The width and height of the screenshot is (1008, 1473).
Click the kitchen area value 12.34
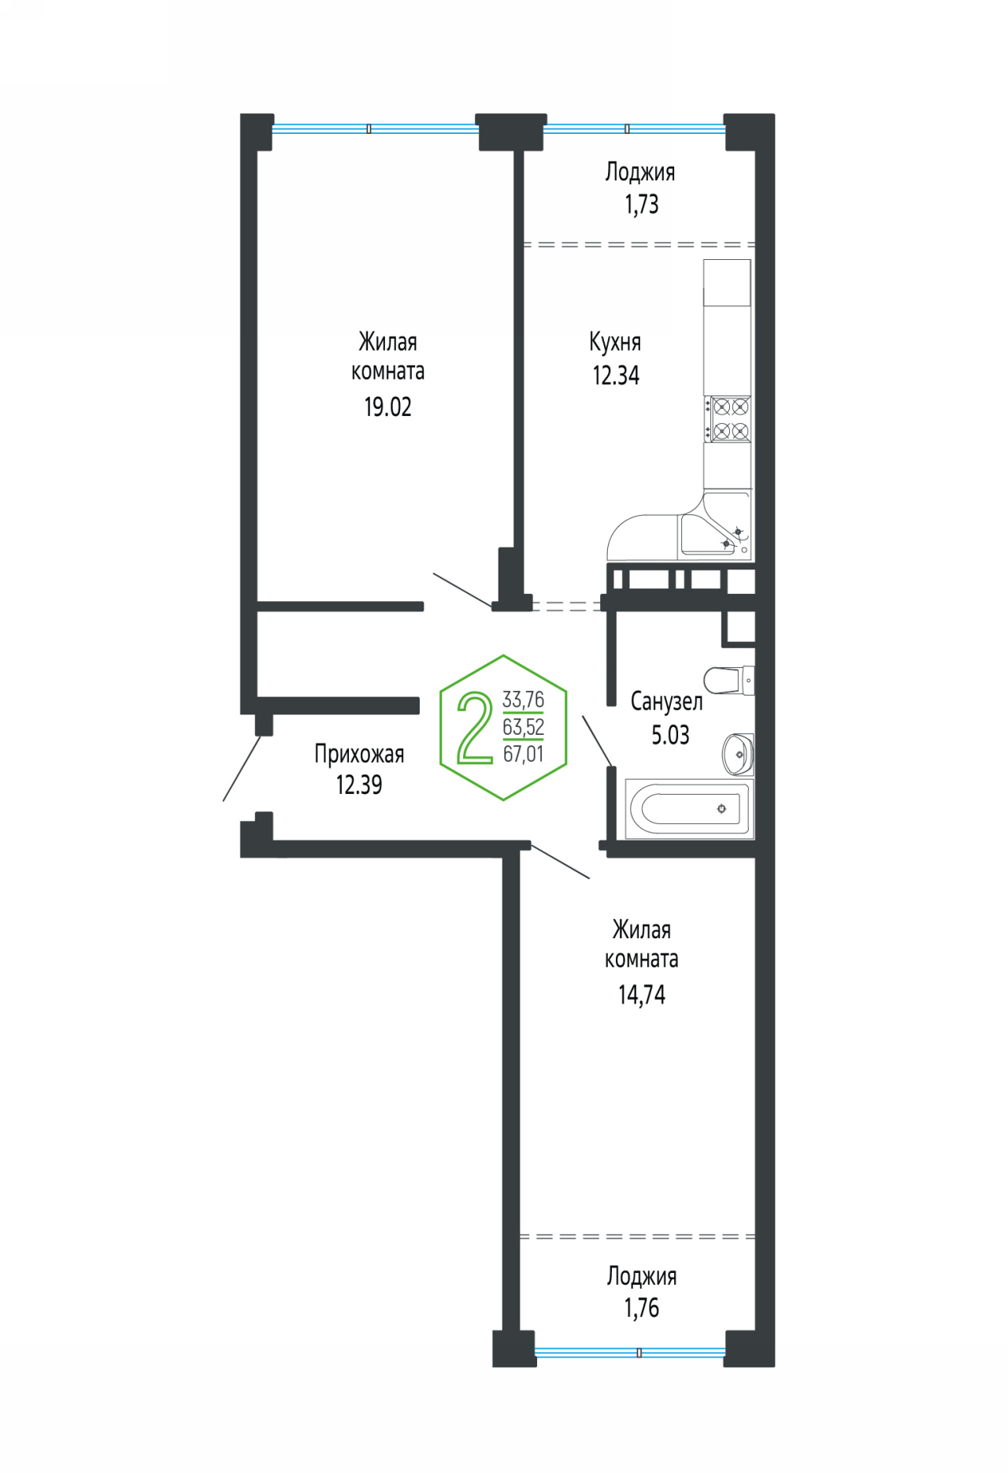click(x=616, y=376)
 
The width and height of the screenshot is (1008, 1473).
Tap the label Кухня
click(x=615, y=342)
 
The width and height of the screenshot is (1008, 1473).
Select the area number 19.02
click(x=387, y=406)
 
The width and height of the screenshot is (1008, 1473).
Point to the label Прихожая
click(x=359, y=754)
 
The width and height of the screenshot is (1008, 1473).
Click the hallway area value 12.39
click(x=359, y=785)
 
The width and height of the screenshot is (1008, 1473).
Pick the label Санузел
click(x=666, y=701)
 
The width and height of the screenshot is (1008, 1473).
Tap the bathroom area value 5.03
click(x=670, y=735)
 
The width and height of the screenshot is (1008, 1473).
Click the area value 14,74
click(x=642, y=995)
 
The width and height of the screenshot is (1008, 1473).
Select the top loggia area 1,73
click(x=642, y=204)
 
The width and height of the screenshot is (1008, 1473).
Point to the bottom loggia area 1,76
click(x=642, y=1308)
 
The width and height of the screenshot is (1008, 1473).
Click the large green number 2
click(x=475, y=727)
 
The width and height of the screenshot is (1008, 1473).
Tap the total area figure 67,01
click(x=524, y=754)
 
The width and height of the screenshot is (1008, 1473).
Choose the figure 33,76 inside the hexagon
click(x=524, y=699)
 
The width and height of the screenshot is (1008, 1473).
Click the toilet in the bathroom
click(x=729, y=681)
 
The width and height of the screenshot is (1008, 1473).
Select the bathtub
click(x=689, y=809)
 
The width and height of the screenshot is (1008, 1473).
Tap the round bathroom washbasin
click(x=738, y=754)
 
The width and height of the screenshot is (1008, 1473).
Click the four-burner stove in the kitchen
click(x=728, y=419)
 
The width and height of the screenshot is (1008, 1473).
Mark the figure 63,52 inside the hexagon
click(x=524, y=727)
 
